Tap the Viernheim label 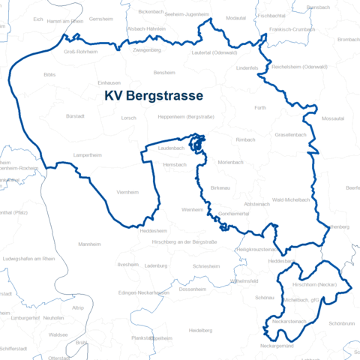pyautogui.click(x=128, y=193)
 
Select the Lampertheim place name pyautogui.click(x=87, y=154)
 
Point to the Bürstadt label pyautogui.click(x=76, y=116)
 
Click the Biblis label pyautogui.click(x=50, y=75)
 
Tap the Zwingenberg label pyautogui.click(x=147, y=49)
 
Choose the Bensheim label pyautogui.click(x=163, y=73)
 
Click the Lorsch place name pyautogui.click(x=128, y=118)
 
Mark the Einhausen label pyautogui.click(x=109, y=83)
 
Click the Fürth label pyautogui.click(x=260, y=108)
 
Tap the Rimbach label pyautogui.click(x=246, y=139)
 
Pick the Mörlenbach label pyautogui.click(x=231, y=163)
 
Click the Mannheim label pyautogui.click(x=89, y=244)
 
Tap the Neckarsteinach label pyautogui.click(x=289, y=321)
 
